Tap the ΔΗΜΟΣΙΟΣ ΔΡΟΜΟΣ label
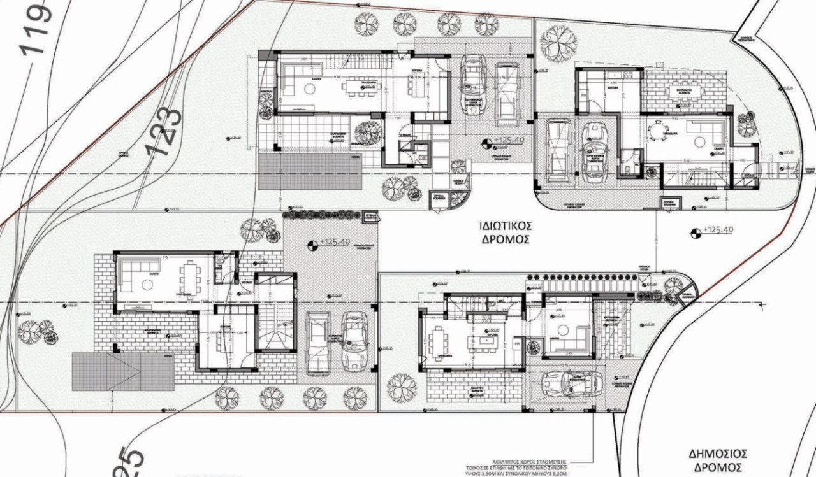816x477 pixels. click(717, 460)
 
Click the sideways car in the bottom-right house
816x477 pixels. click(571, 383)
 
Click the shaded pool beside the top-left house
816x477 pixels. click(309, 171)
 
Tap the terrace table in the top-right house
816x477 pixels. click(684, 91)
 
